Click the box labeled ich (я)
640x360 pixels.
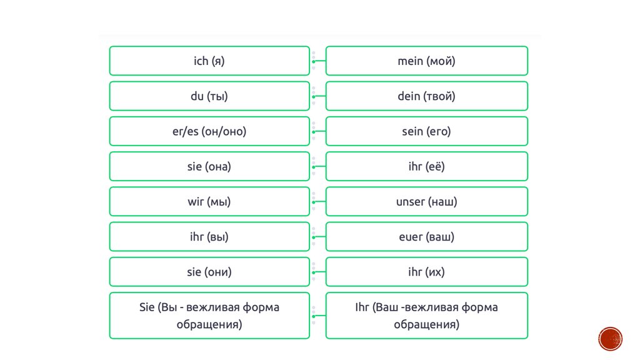209,61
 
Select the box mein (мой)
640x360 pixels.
426,61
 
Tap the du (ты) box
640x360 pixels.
209,96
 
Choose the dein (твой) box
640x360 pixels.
426,96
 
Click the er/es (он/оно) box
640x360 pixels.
209,131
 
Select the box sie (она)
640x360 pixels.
209,166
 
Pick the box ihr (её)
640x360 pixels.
426,166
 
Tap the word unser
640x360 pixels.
411,202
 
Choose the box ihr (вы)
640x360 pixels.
209,237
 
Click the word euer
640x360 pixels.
411,237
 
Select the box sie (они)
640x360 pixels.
209,272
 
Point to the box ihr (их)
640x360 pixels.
426,272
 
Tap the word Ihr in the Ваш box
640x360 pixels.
362,307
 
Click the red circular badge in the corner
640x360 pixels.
610,339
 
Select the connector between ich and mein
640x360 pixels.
317,61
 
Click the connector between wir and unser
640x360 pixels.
317,202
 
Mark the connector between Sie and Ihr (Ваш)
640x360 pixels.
317,316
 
